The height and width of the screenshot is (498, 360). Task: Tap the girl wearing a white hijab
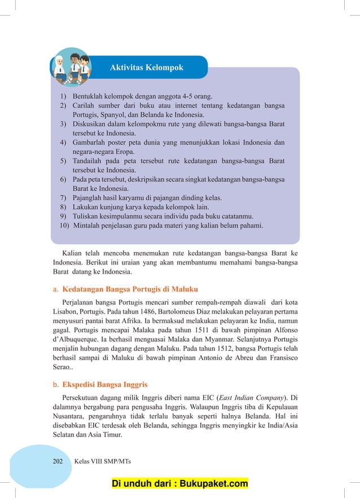tap(61, 67)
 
